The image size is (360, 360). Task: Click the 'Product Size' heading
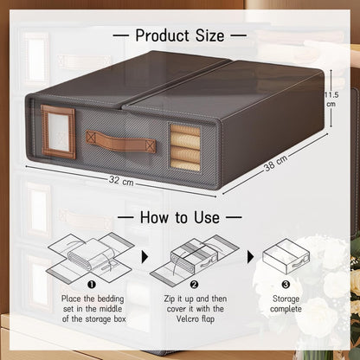[x=180, y=35]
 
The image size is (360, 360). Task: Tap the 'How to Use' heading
[x=180, y=218]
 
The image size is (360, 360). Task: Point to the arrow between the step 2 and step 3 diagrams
[x=249, y=257]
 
